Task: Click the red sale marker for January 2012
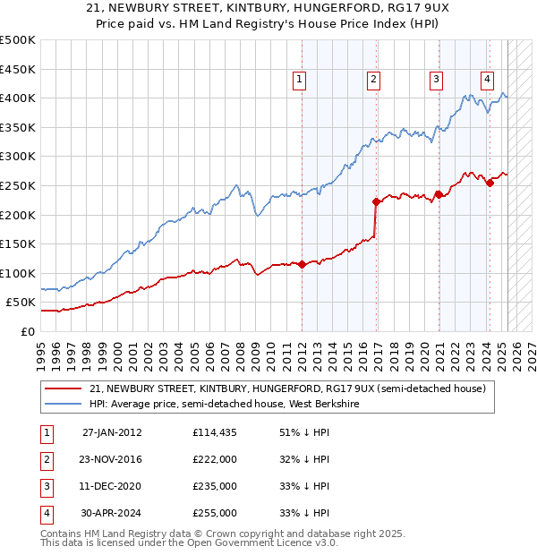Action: click(x=302, y=264)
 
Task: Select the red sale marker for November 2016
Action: click(x=377, y=201)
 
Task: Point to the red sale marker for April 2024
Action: click(x=490, y=183)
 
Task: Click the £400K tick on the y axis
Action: click(x=19, y=98)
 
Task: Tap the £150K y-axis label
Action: click(x=19, y=243)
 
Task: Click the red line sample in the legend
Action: click(x=63, y=389)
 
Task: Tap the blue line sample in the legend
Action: click(x=63, y=404)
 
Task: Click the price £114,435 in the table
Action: click(x=214, y=431)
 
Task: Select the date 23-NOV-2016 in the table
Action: click(x=112, y=458)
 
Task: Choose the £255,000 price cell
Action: click(x=214, y=513)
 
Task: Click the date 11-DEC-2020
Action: click(x=112, y=486)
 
